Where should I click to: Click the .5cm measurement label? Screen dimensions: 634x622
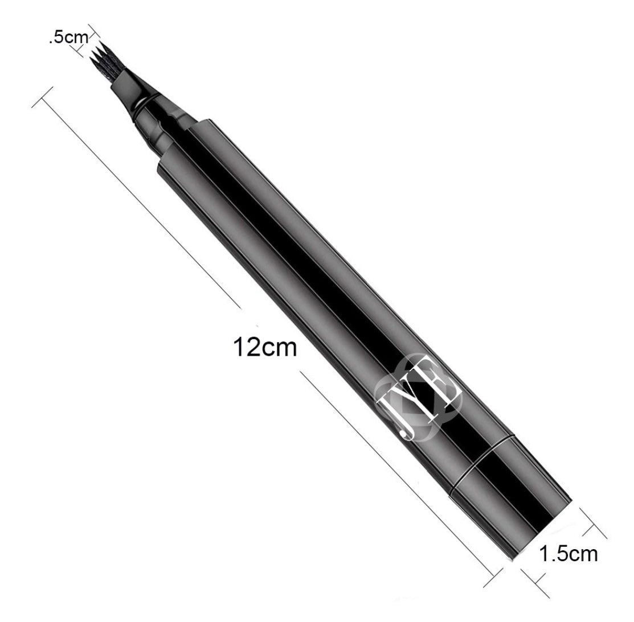pos(68,38)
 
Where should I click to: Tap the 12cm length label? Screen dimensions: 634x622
pos(265,347)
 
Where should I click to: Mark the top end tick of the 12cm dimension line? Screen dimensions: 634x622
pos(42,97)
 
